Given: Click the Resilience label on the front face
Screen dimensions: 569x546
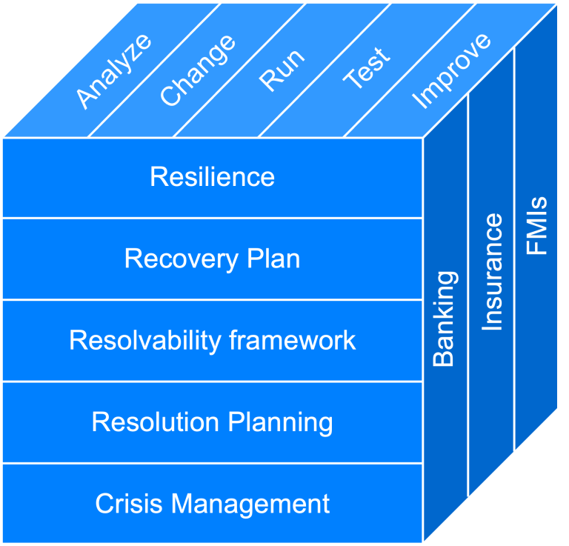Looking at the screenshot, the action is pos(213,176).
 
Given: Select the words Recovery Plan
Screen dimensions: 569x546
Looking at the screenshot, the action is pos(213,259).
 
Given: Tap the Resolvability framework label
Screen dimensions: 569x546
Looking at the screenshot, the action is pos(213,341).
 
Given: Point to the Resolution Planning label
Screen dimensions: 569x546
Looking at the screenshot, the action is pos(213,423).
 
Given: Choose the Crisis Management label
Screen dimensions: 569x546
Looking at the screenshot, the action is pos(213,504).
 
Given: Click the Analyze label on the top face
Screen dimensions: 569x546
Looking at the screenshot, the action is pos(113,70).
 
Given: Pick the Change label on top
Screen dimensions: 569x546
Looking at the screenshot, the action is pos(198,70).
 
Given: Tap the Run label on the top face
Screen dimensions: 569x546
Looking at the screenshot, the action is pos(282,70).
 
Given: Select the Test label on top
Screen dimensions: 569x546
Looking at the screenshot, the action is pos(367,67).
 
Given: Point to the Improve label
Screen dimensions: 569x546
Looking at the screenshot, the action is pos(451,70).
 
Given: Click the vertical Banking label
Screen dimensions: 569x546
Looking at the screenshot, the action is pos(445,319).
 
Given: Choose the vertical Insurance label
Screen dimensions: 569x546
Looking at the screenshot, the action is pos(492,272).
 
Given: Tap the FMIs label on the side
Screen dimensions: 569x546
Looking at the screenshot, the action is pos(536,225).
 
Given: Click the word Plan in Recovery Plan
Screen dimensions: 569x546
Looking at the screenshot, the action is pos(273,259).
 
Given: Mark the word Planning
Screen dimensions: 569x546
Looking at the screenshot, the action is pos(281,423).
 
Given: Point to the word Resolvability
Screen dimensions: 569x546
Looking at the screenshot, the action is pos(145,341).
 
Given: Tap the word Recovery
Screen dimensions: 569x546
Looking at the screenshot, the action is pos(182,260).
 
